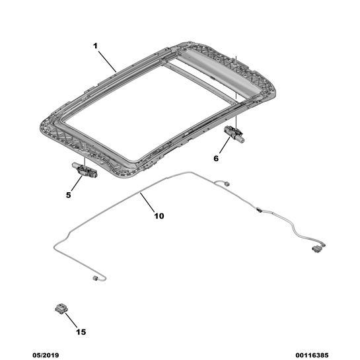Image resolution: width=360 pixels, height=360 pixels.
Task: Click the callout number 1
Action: tap(95, 46)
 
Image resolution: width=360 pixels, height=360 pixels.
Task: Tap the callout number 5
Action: tap(69, 195)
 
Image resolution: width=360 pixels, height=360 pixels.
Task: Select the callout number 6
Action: tap(216, 159)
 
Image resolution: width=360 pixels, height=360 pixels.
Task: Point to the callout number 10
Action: tap(159, 216)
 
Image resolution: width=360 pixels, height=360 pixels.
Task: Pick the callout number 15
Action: tap(81, 332)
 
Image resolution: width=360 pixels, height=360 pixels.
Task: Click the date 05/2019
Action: tap(46, 355)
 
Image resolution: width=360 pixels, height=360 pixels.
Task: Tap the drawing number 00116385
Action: tap(312, 355)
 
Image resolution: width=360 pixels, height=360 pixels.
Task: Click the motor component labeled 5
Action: tap(85, 170)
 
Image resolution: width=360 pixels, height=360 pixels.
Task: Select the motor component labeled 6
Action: tap(234, 133)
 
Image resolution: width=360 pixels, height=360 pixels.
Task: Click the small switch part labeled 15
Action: tap(61, 308)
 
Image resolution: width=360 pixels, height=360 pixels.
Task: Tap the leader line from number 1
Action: tap(108, 61)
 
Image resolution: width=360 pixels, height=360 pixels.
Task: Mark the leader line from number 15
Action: tap(71, 320)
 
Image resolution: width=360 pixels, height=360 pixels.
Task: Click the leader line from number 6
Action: tap(225, 145)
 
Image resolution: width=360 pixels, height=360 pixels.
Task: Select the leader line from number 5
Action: tap(77, 183)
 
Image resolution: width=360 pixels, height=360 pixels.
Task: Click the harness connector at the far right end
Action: tap(316, 249)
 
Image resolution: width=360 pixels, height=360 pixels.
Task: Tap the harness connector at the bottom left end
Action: tap(95, 278)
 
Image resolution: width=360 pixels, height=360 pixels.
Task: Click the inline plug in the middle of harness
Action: tap(259, 209)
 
